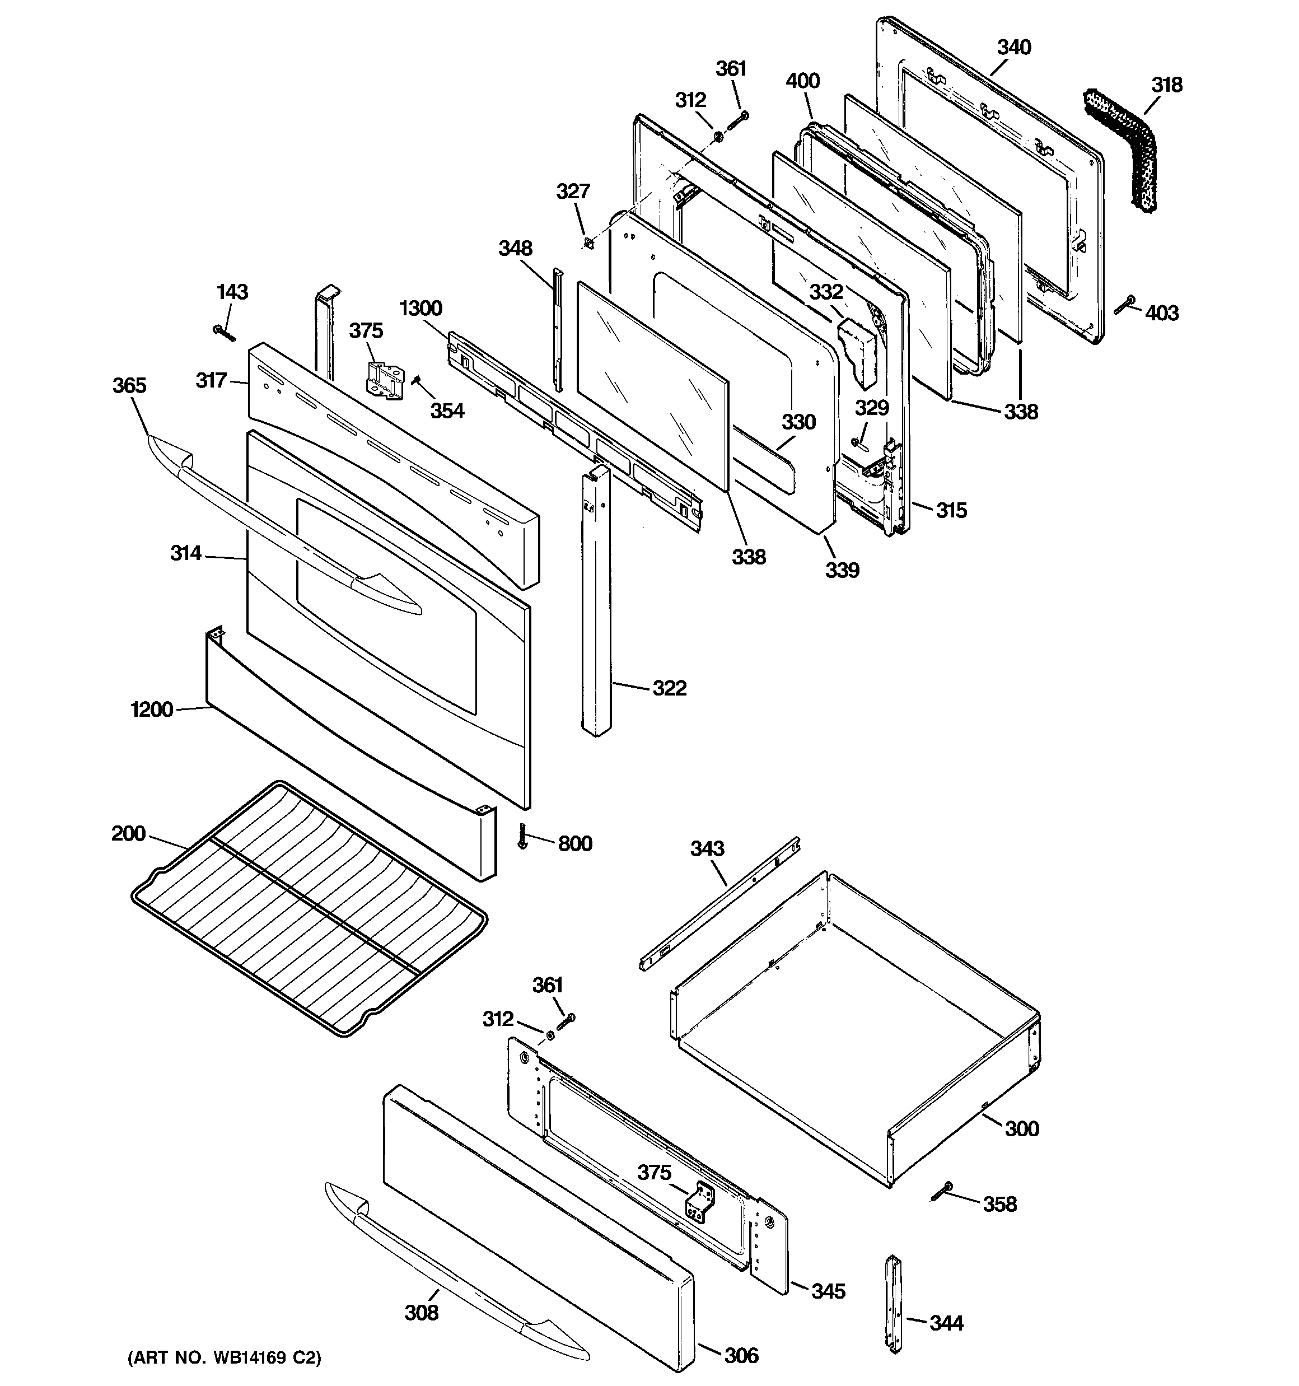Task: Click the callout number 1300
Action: click(421, 308)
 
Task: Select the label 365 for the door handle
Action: click(130, 385)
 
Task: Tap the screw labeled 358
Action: click(941, 1192)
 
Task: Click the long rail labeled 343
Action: click(718, 903)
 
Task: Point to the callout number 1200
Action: click(151, 710)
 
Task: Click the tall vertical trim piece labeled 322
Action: click(597, 606)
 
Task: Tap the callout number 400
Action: click(802, 82)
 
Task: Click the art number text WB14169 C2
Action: click(225, 1358)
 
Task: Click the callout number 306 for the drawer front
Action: click(741, 1355)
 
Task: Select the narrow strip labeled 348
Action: click(557, 328)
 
